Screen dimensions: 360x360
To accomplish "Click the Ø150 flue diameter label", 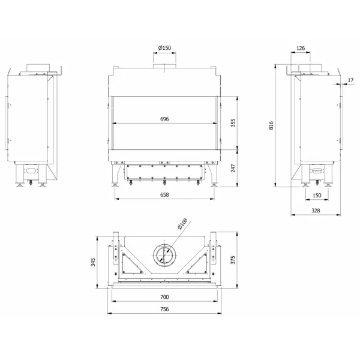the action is click(x=164, y=48).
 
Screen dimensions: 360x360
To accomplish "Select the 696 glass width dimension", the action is click(x=164, y=119).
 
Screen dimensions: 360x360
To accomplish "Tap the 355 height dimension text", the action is click(x=233, y=123).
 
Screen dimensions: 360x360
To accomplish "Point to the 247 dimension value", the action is click(x=233, y=168).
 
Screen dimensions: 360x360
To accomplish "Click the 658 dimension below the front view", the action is click(x=164, y=194).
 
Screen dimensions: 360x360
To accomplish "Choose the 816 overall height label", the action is click(x=271, y=125).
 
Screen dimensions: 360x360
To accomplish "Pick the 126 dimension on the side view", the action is click(x=301, y=48).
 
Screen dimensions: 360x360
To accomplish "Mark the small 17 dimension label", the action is click(x=350, y=80).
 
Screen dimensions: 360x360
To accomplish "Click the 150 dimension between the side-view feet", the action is click(x=317, y=195).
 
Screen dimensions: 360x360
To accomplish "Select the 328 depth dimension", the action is click(x=316, y=211).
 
